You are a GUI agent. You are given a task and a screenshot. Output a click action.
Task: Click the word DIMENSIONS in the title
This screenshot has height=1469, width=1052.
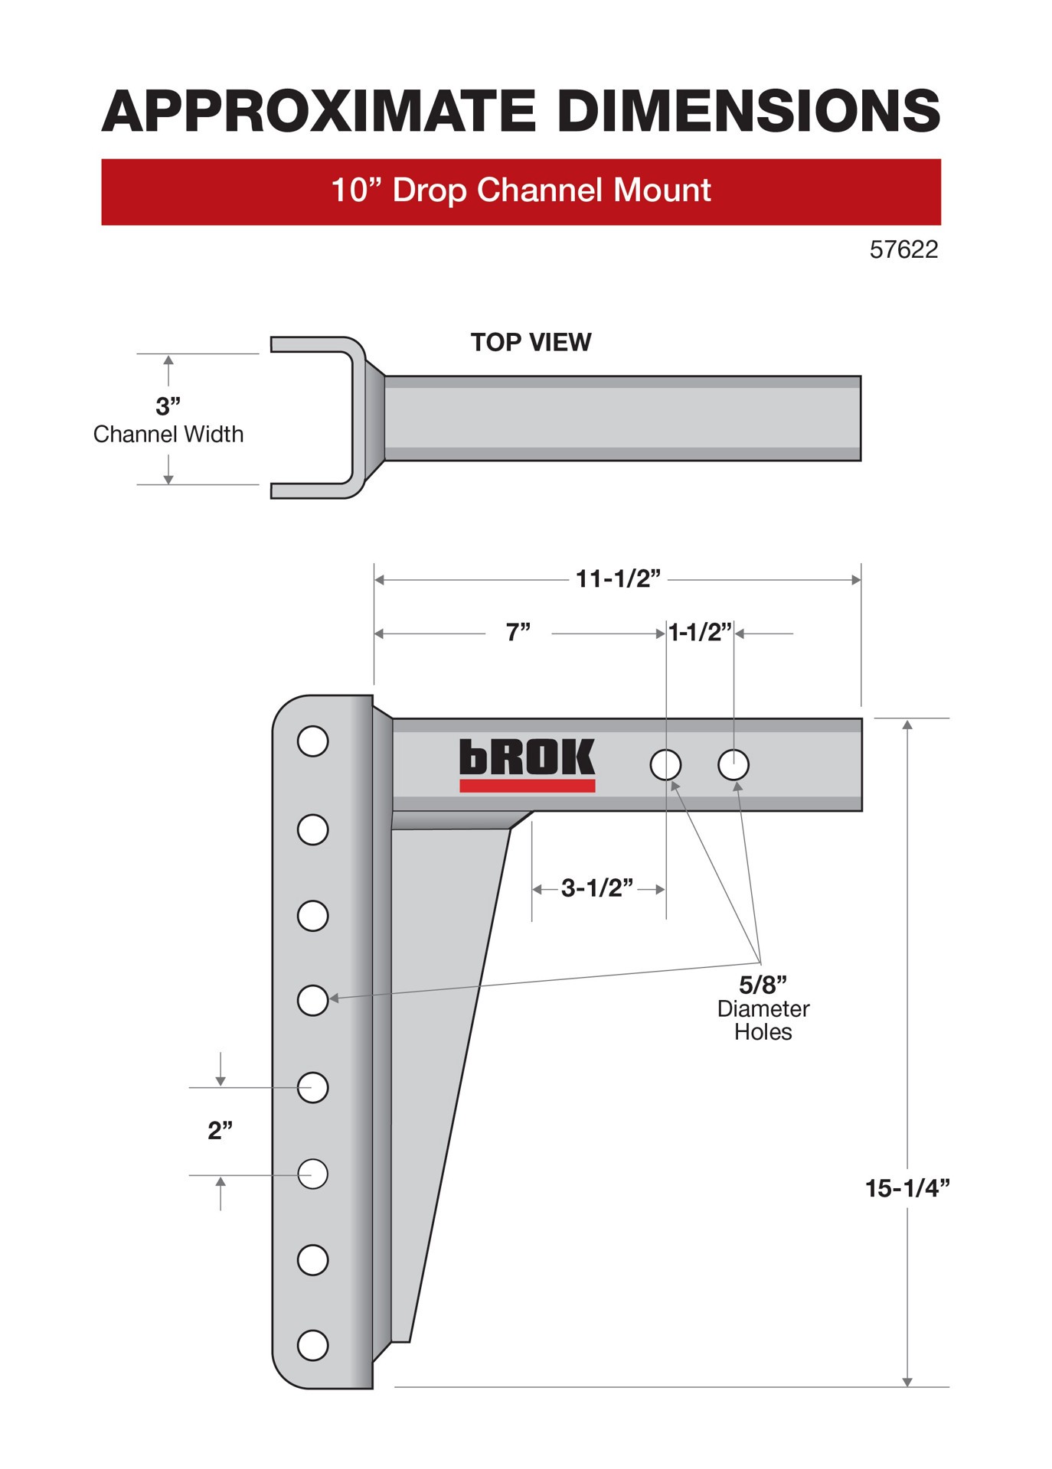coord(748,112)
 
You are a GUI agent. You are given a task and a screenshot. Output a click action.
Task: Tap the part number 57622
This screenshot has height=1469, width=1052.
coord(903,250)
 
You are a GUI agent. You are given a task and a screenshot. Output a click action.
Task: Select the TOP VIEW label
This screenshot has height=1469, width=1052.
coord(531,342)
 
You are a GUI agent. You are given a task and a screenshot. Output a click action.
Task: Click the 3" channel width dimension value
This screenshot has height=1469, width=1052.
coord(168,406)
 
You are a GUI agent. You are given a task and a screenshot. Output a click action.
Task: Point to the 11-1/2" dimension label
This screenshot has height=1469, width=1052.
coord(617,578)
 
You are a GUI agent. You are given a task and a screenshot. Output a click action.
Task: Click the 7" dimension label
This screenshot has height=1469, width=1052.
coord(518,633)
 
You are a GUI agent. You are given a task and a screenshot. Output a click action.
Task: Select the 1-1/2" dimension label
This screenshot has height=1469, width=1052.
coord(700,633)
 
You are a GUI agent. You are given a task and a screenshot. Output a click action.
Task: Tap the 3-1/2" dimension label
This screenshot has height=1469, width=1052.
coord(596,888)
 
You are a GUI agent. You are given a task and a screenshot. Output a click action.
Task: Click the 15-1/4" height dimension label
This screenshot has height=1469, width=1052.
coord(907,1188)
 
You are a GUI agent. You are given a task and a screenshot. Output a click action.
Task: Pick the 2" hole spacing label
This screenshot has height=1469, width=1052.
coord(220,1130)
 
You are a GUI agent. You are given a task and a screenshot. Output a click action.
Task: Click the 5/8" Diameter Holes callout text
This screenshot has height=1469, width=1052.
coord(763,1008)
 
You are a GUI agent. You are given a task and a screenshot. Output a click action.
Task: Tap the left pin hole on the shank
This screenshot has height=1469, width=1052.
coord(665,764)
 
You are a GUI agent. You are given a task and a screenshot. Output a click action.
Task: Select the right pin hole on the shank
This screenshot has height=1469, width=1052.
coord(733,764)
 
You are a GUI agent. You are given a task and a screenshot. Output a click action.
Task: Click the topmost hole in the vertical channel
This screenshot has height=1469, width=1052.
coord(312,741)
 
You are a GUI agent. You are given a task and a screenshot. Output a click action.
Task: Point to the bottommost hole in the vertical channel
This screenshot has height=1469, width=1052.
coord(312,1345)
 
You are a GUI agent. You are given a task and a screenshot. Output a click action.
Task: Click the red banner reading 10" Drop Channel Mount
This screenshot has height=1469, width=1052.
coord(521,191)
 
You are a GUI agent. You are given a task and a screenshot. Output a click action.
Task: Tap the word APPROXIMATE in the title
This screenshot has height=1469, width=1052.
coord(319,112)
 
